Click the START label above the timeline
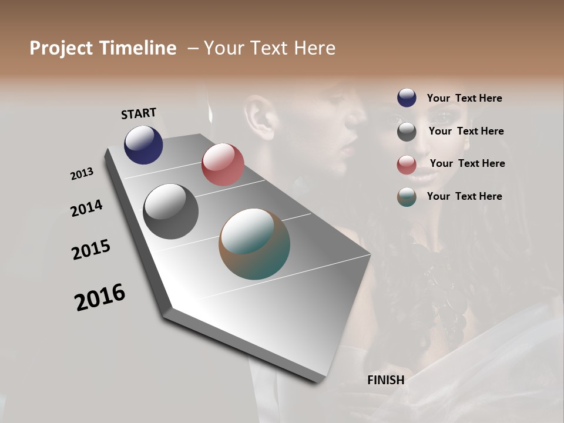coord(139,113)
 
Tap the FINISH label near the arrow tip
coord(385,380)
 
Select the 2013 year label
coord(82,174)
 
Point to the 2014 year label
coord(86,208)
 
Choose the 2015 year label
coord(91,250)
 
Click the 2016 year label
coord(100,297)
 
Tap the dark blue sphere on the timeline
coord(143,145)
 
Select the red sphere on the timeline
coord(223,164)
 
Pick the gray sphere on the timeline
coord(170,211)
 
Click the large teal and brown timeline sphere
coord(254,244)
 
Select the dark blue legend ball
coord(407,98)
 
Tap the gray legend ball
coord(407,132)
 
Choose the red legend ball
coord(407,164)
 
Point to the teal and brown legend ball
coord(407,197)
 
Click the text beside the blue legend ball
coord(464,98)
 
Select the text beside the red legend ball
coord(467,163)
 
